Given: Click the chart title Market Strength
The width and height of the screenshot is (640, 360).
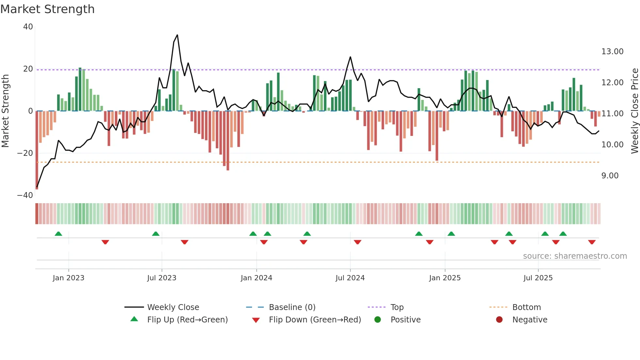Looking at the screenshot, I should click(x=47, y=9).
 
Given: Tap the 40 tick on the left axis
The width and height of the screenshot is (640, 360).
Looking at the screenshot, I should click(x=28, y=27).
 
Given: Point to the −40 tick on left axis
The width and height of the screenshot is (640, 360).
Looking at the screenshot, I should click(x=25, y=195).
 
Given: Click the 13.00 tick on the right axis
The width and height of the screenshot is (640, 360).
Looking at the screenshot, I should click(x=612, y=52).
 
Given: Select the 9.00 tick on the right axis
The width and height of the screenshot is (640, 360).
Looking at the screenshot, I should click(x=610, y=176).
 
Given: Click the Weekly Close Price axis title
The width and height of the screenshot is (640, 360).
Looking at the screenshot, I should click(x=634, y=111).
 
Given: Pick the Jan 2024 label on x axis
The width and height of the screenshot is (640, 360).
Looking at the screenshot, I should click(x=256, y=278).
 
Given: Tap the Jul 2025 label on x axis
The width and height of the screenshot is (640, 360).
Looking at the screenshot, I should click(x=538, y=278).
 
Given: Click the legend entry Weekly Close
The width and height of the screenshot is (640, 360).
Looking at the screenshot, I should click(x=173, y=307).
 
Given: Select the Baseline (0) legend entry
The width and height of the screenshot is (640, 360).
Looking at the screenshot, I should click(x=292, y=307).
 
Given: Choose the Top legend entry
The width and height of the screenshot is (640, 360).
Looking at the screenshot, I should click(x=397, y=307).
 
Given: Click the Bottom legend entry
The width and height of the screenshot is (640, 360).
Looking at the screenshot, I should click(x=526, y=307).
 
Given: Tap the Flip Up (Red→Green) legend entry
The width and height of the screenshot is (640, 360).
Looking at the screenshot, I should click(x=187, y=320).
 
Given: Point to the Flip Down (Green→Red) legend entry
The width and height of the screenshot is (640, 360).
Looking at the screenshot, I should click(x=315, y=320).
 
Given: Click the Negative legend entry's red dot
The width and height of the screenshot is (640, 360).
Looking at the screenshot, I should click(x=499, y=319).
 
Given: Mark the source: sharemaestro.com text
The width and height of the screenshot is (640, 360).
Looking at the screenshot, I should click(x=575, y=256).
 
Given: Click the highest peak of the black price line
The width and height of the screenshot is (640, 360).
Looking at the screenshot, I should click(x=177, y=35).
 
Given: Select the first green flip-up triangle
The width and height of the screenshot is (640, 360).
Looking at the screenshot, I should click(x=58, y=234).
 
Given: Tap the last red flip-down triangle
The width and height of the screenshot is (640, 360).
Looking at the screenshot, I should click(x=592, y=242).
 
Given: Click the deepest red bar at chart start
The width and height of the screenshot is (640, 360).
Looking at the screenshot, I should click(x=37, y=150).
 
